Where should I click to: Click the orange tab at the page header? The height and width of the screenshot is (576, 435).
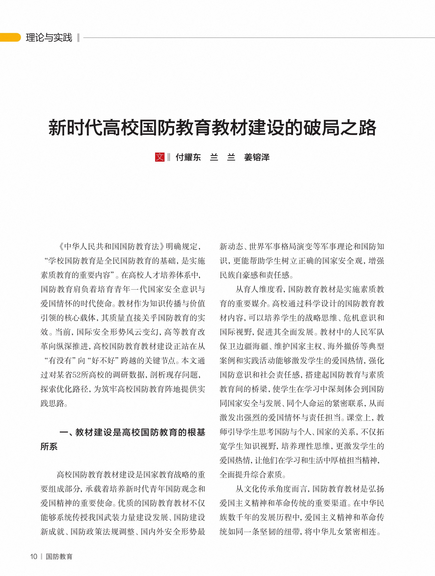[x=10, y=37]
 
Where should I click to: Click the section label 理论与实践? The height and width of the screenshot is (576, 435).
[x=49, y=37]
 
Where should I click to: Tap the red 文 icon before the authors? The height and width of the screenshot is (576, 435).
[x=160, y=157]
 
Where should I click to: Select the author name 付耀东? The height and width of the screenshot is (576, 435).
[x=188, y=157]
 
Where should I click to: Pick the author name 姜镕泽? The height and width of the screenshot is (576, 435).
[x=257, y=157]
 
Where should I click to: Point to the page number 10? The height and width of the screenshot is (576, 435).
[x=34, y=556]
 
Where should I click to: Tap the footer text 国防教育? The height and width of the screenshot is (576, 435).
[x=59, y=556]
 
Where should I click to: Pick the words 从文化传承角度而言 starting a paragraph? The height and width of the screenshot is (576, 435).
[x=272, y=489]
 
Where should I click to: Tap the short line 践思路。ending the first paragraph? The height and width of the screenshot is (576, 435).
[x=54, y=403]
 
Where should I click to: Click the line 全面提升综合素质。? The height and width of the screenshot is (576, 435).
[x=253, y=475]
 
